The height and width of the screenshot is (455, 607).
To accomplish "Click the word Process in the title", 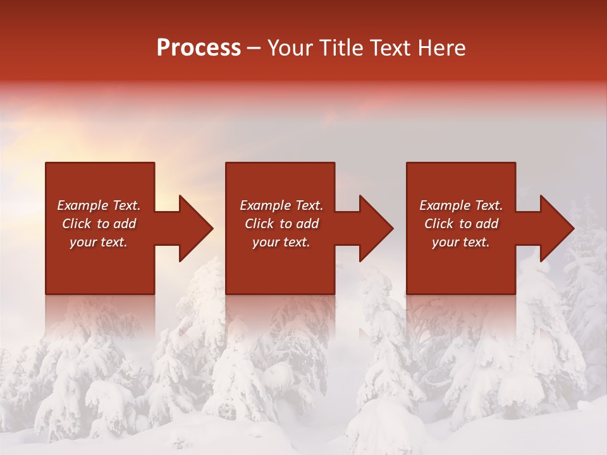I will click(199, 48).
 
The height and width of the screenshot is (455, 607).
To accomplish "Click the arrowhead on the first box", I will click(193, 228).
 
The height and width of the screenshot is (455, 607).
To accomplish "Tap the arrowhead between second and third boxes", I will click(373, 228).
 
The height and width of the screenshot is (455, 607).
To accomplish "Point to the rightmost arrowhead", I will click(554, 228).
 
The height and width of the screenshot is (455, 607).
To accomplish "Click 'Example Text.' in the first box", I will click(99, 205).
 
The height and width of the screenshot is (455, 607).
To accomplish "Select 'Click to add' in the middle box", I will click(281, 224).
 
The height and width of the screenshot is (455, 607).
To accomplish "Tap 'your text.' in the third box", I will click(460, 242).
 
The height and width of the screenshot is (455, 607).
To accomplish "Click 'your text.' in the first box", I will click(99, 242).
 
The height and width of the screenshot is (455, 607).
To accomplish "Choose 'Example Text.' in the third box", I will click(461, 205).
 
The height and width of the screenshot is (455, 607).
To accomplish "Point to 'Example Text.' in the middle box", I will click(281, 205).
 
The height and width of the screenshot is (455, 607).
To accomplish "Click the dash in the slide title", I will click(254, 49).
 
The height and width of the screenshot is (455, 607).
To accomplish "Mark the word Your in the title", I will click(290, 48).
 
